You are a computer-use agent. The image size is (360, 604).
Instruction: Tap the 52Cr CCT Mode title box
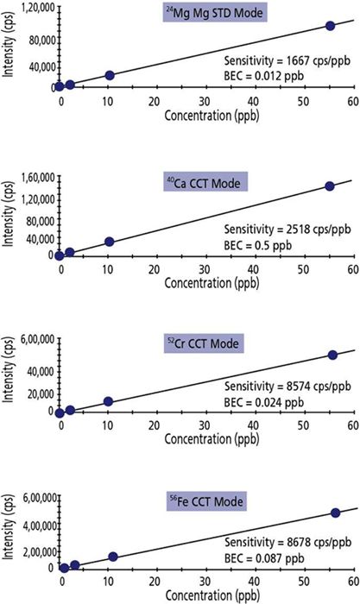pos(204,344)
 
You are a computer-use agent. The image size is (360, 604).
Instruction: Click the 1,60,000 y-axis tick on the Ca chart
pos(34,178)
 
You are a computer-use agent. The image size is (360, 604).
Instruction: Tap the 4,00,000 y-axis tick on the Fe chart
pos(34,523)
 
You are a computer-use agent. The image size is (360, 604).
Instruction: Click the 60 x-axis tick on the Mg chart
pos(352,101)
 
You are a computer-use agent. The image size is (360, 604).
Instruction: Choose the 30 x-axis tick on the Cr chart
pos(204,425)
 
